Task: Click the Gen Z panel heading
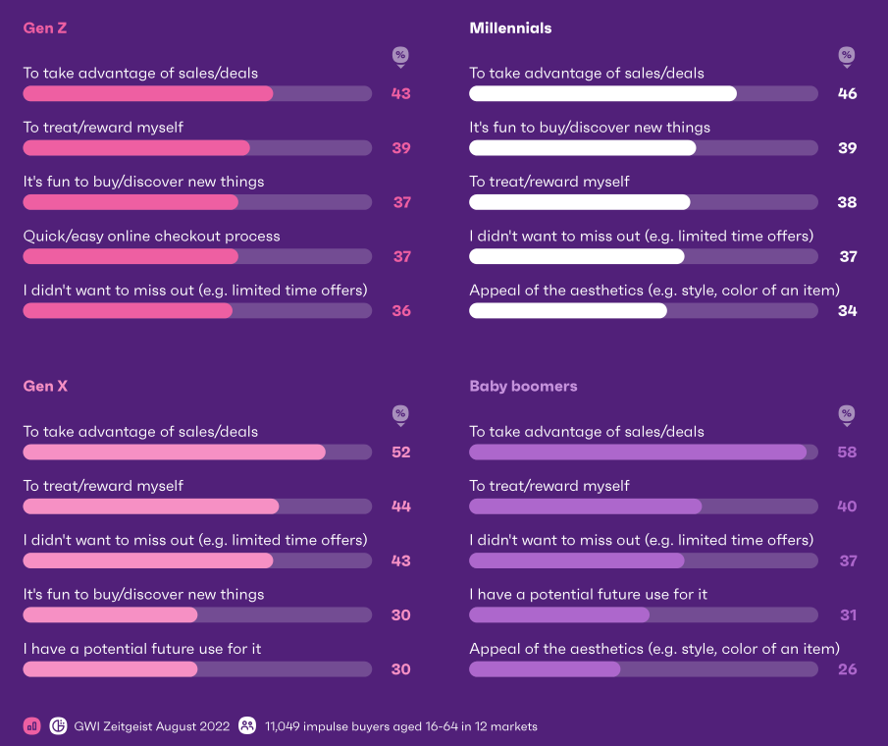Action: (x=44, y=28)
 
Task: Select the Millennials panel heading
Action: (x=510, y=28)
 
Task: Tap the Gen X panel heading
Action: (x=45, y=387)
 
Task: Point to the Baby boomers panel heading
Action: (x=523, y=387)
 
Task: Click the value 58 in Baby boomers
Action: (x=847, y=453)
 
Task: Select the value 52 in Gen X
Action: (x=400, y=453)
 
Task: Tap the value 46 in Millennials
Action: (x=847, y=94)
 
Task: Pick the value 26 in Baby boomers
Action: (x=847, y=669)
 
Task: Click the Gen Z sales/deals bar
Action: (x=147, y=94)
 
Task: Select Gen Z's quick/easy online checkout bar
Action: (x=131, y=256)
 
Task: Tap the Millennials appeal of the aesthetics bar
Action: (x=567, y=310)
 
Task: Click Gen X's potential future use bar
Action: (x=110, y=669)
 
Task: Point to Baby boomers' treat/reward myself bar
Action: (x=585, y=506)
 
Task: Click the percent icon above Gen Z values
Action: (x=400, y=56)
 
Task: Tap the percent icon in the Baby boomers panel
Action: (x=847, y=414)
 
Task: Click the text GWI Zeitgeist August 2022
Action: (x=152, y=726)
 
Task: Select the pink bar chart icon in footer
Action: (x=32, y=726)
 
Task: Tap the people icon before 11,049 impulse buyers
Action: (x=247, y=726)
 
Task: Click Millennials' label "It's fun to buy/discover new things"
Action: (x=590, y=128)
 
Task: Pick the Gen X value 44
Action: (x=400, y=506)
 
